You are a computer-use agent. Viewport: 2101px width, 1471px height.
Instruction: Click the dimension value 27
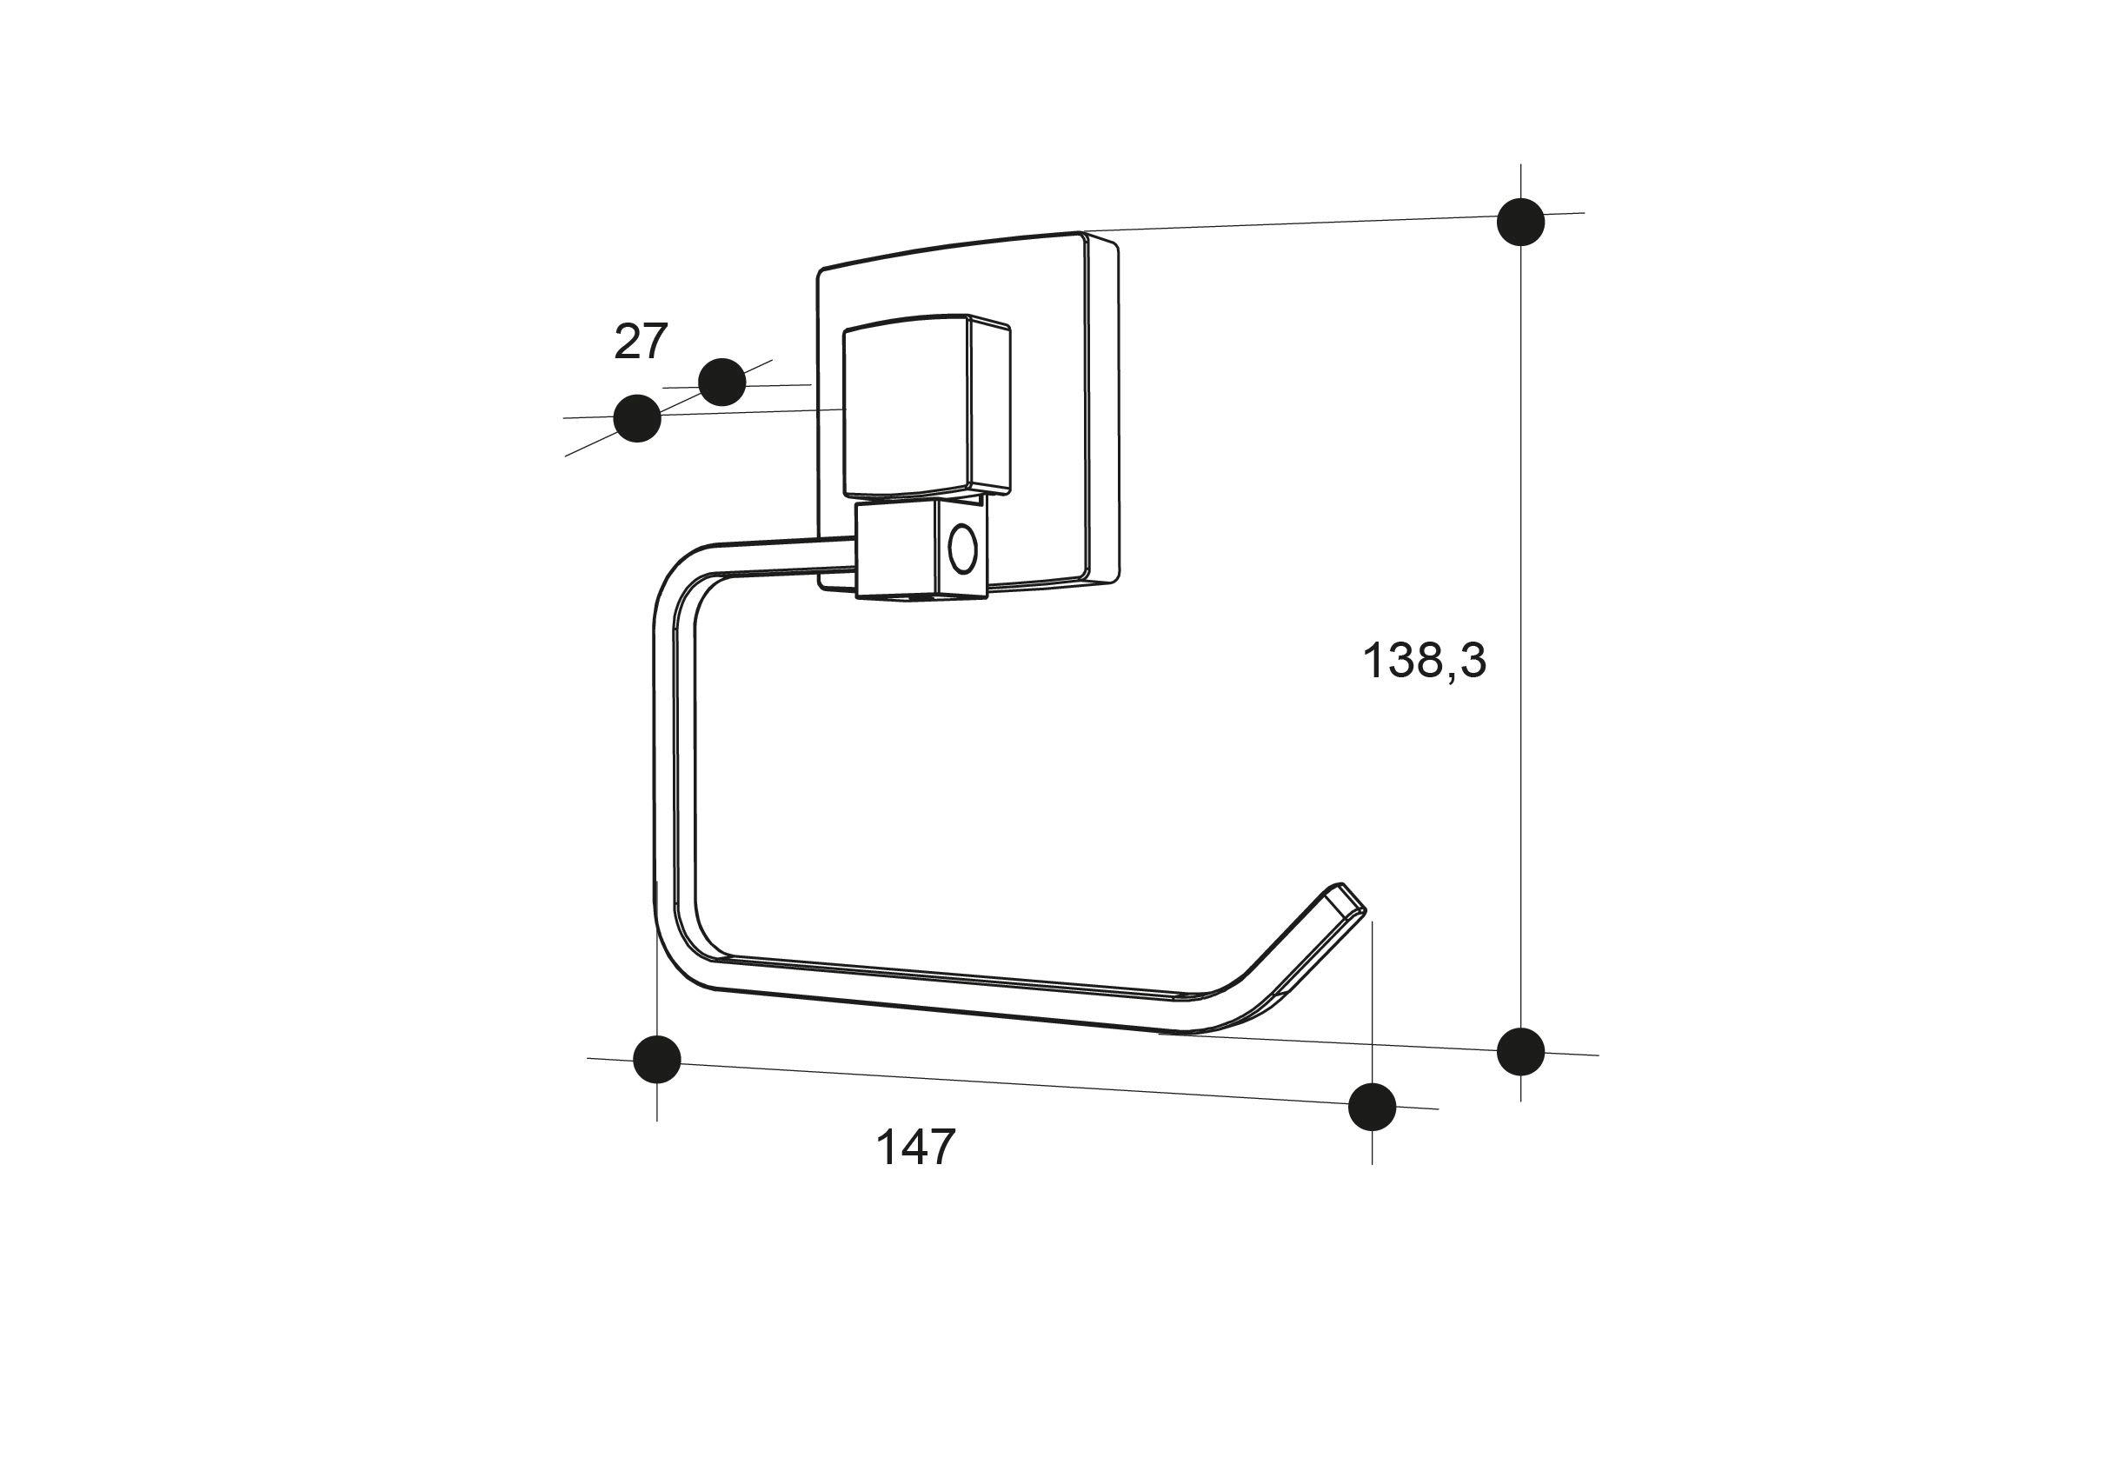641,342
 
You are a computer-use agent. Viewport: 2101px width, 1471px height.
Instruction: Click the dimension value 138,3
1425,660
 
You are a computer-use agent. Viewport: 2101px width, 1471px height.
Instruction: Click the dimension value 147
916,1147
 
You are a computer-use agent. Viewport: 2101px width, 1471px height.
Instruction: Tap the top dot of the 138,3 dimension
1521,222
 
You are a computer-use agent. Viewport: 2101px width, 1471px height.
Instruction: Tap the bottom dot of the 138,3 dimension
1521,1051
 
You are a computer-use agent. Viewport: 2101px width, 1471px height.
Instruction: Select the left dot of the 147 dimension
657,1059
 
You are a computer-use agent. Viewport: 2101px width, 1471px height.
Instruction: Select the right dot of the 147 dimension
1373,1106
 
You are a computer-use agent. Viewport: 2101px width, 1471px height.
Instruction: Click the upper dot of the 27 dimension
722,382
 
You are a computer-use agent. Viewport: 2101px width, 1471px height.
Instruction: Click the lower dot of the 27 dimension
637,418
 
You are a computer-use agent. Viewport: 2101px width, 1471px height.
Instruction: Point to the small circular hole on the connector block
962,552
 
